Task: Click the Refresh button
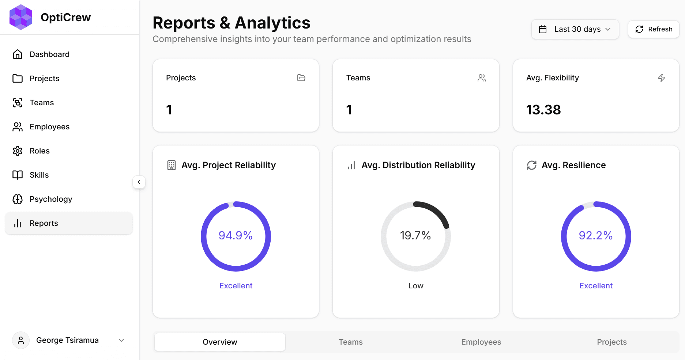tap(654, 29)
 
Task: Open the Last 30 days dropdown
tap(575, 29)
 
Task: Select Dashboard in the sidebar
tap(49, 54)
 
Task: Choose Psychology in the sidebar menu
tap(51, 199)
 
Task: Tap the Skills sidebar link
tap(39, 175)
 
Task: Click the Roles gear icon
tap(18, 151)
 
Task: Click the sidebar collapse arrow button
tap(139, 182)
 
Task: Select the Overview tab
tap(220, 342)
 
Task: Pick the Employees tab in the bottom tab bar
tap(481, 342)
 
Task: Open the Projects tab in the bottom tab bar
tap(611, 342)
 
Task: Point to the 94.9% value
tap(236, 235)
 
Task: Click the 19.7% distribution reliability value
tap(415, 235)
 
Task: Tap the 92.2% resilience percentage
tap(596, 235)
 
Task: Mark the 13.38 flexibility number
tap(543, 110)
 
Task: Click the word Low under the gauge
tap(416, 286)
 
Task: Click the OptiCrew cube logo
tap(21, 17)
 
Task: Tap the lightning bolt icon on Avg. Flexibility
tap(662, 78)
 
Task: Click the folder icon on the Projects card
tap(301, 78)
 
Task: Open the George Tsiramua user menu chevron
tap(121, 340)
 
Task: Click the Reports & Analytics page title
tap(232, 23)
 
